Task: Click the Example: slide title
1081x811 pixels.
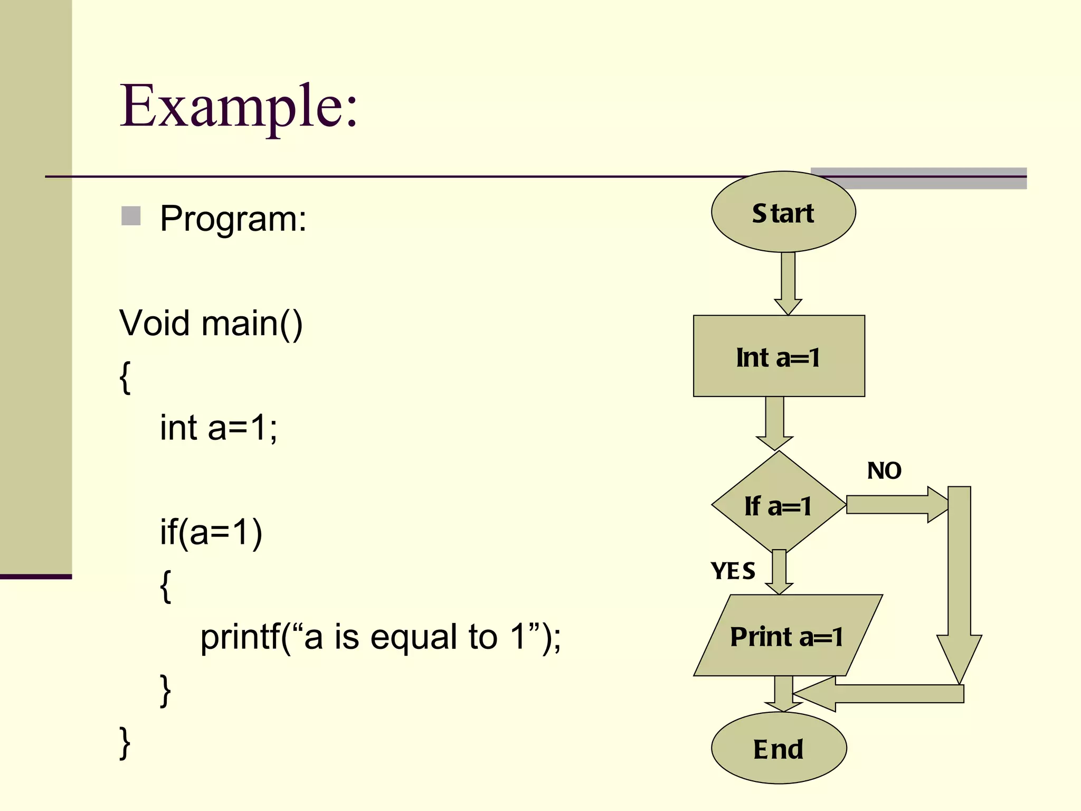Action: pos(239,107)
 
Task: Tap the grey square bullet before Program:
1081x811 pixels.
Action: pos(131,216)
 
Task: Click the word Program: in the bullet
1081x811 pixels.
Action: pos(233,218)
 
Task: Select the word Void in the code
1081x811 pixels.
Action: pos(154,323)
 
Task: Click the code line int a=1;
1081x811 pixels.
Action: pos(219,427)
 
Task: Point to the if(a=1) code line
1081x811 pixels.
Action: pos(211,532)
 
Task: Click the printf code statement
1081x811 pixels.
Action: pos(380,637)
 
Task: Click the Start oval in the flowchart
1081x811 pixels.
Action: pos(783,212)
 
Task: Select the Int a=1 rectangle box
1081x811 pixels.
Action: pos(779,356)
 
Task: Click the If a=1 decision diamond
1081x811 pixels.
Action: pos(778,505)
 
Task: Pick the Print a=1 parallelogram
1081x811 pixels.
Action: pos(786,636)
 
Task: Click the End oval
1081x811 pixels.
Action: pos(779,748)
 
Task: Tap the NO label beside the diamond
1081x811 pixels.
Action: pos(884,470)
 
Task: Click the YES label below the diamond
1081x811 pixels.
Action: pos(733,571)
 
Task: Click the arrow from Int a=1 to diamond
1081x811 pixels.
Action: pos(775,422)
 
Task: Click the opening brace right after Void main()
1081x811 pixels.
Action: pos(125,376)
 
